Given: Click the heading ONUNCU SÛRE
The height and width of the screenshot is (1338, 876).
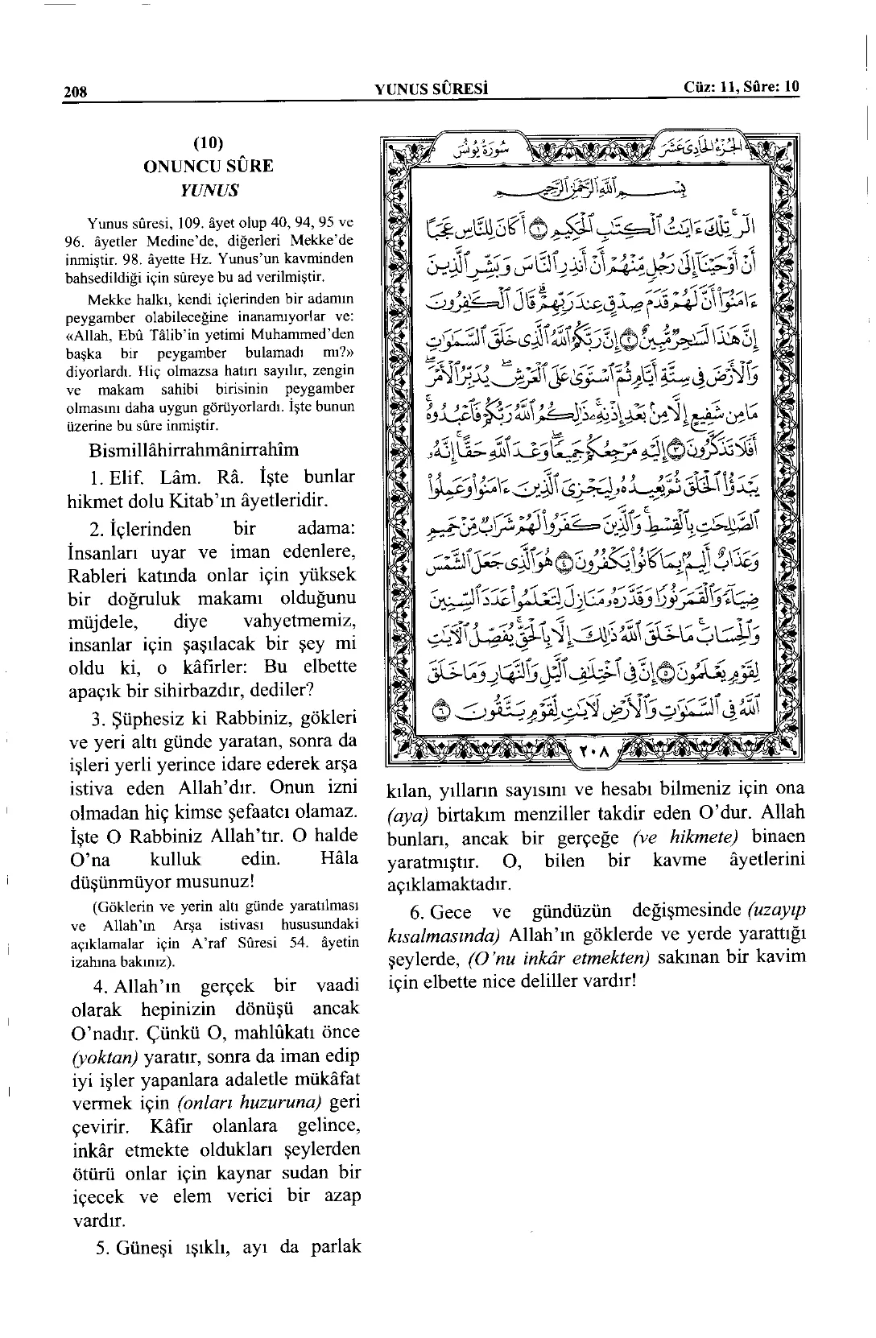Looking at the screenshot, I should [x=208, y=167].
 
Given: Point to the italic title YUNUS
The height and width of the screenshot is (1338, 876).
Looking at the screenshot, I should [x=209, y=191].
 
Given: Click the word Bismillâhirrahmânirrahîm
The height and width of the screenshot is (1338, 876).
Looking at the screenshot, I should [x=193, y=449].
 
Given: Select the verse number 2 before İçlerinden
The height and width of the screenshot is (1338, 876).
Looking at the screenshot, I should [x=95, y=530].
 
